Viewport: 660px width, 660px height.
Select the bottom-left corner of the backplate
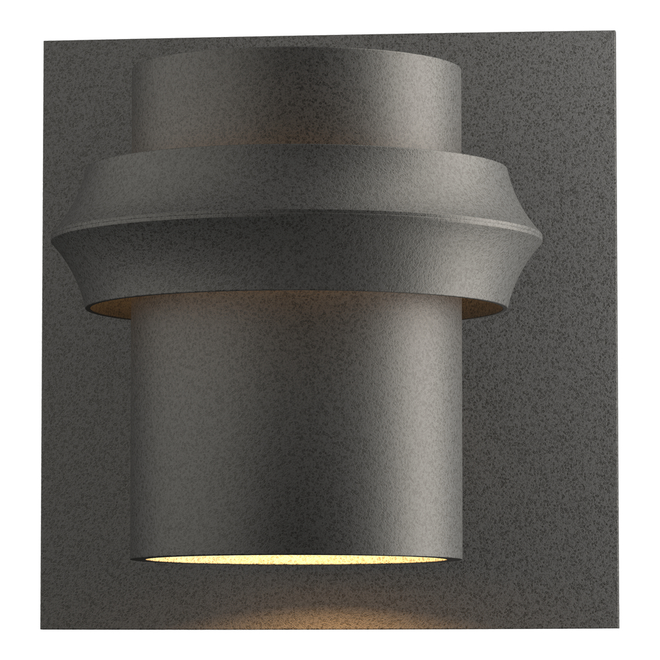pyautogui.click(x=42, y=628)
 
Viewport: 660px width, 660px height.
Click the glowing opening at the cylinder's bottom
pyautogui.click(x=297, y=558)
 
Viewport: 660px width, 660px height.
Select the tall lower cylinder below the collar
pyautogui.click(x=297, y=422)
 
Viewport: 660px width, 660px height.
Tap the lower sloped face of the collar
pyautogui.click(x=297, y=261)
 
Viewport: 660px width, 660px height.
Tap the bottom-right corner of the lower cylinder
pyautogui.click(x=461, y=556)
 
